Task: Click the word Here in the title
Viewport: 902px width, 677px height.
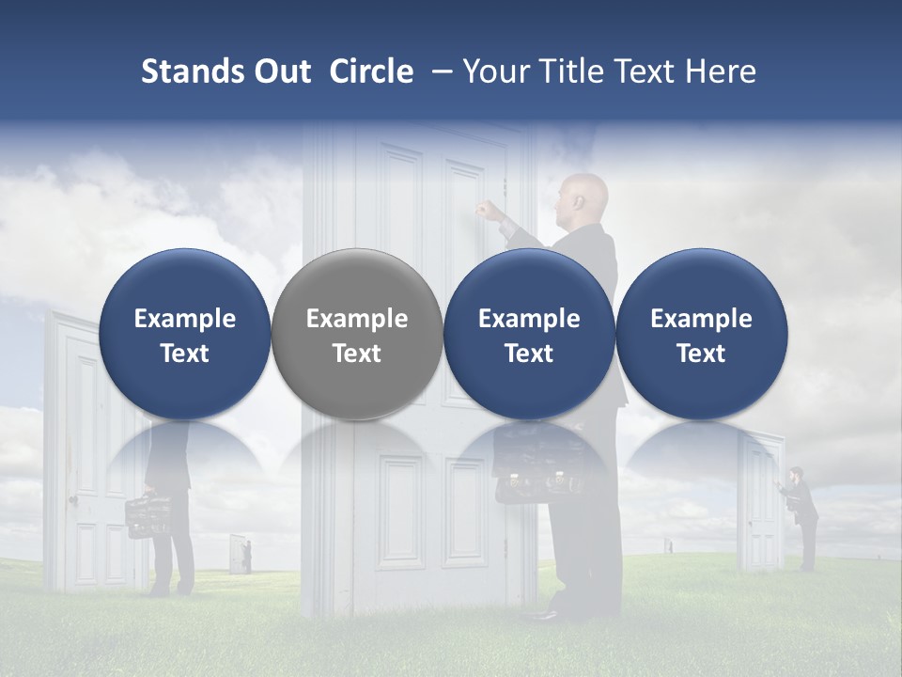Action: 723,71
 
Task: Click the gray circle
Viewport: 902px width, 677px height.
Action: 357,335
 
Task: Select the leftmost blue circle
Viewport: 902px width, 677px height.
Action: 185,335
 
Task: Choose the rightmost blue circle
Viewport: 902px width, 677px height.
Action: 701,335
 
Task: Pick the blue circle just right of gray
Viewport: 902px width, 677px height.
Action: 529,335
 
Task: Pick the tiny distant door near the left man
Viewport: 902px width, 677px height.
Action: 239,555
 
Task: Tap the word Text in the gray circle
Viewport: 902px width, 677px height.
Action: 357,354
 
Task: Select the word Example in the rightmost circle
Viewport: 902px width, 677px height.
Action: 701,319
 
